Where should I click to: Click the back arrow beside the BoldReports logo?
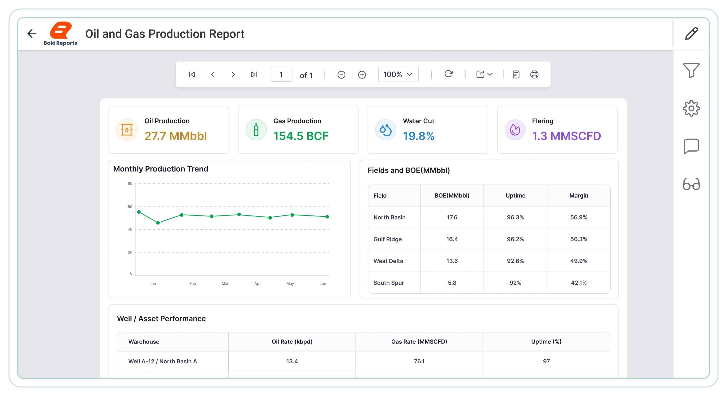tap(32, 34)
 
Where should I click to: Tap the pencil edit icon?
tap(692, 34)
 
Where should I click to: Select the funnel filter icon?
tap(691, 70)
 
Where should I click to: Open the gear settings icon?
tap(691, 108)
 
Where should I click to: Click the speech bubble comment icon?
tap(691, 146)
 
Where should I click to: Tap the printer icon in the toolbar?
tap(534, 75)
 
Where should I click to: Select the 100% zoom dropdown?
tap(398, 75)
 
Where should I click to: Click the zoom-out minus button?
tap(341, 75)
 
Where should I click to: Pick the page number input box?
tap(281, 75)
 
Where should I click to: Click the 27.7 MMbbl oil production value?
tap(176, 136)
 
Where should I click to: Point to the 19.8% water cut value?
tap(419, 136)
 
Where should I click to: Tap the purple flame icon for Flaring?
tap(515, 130)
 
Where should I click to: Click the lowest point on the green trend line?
tap(158, 223)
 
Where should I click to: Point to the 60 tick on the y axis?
tap(130, 207)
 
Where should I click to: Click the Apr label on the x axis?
tap(257, 283)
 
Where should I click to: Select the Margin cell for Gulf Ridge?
tap(579, 239)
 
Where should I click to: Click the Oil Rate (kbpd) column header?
tap(292, 342)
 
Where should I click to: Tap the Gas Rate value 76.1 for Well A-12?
tap(419, 361)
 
